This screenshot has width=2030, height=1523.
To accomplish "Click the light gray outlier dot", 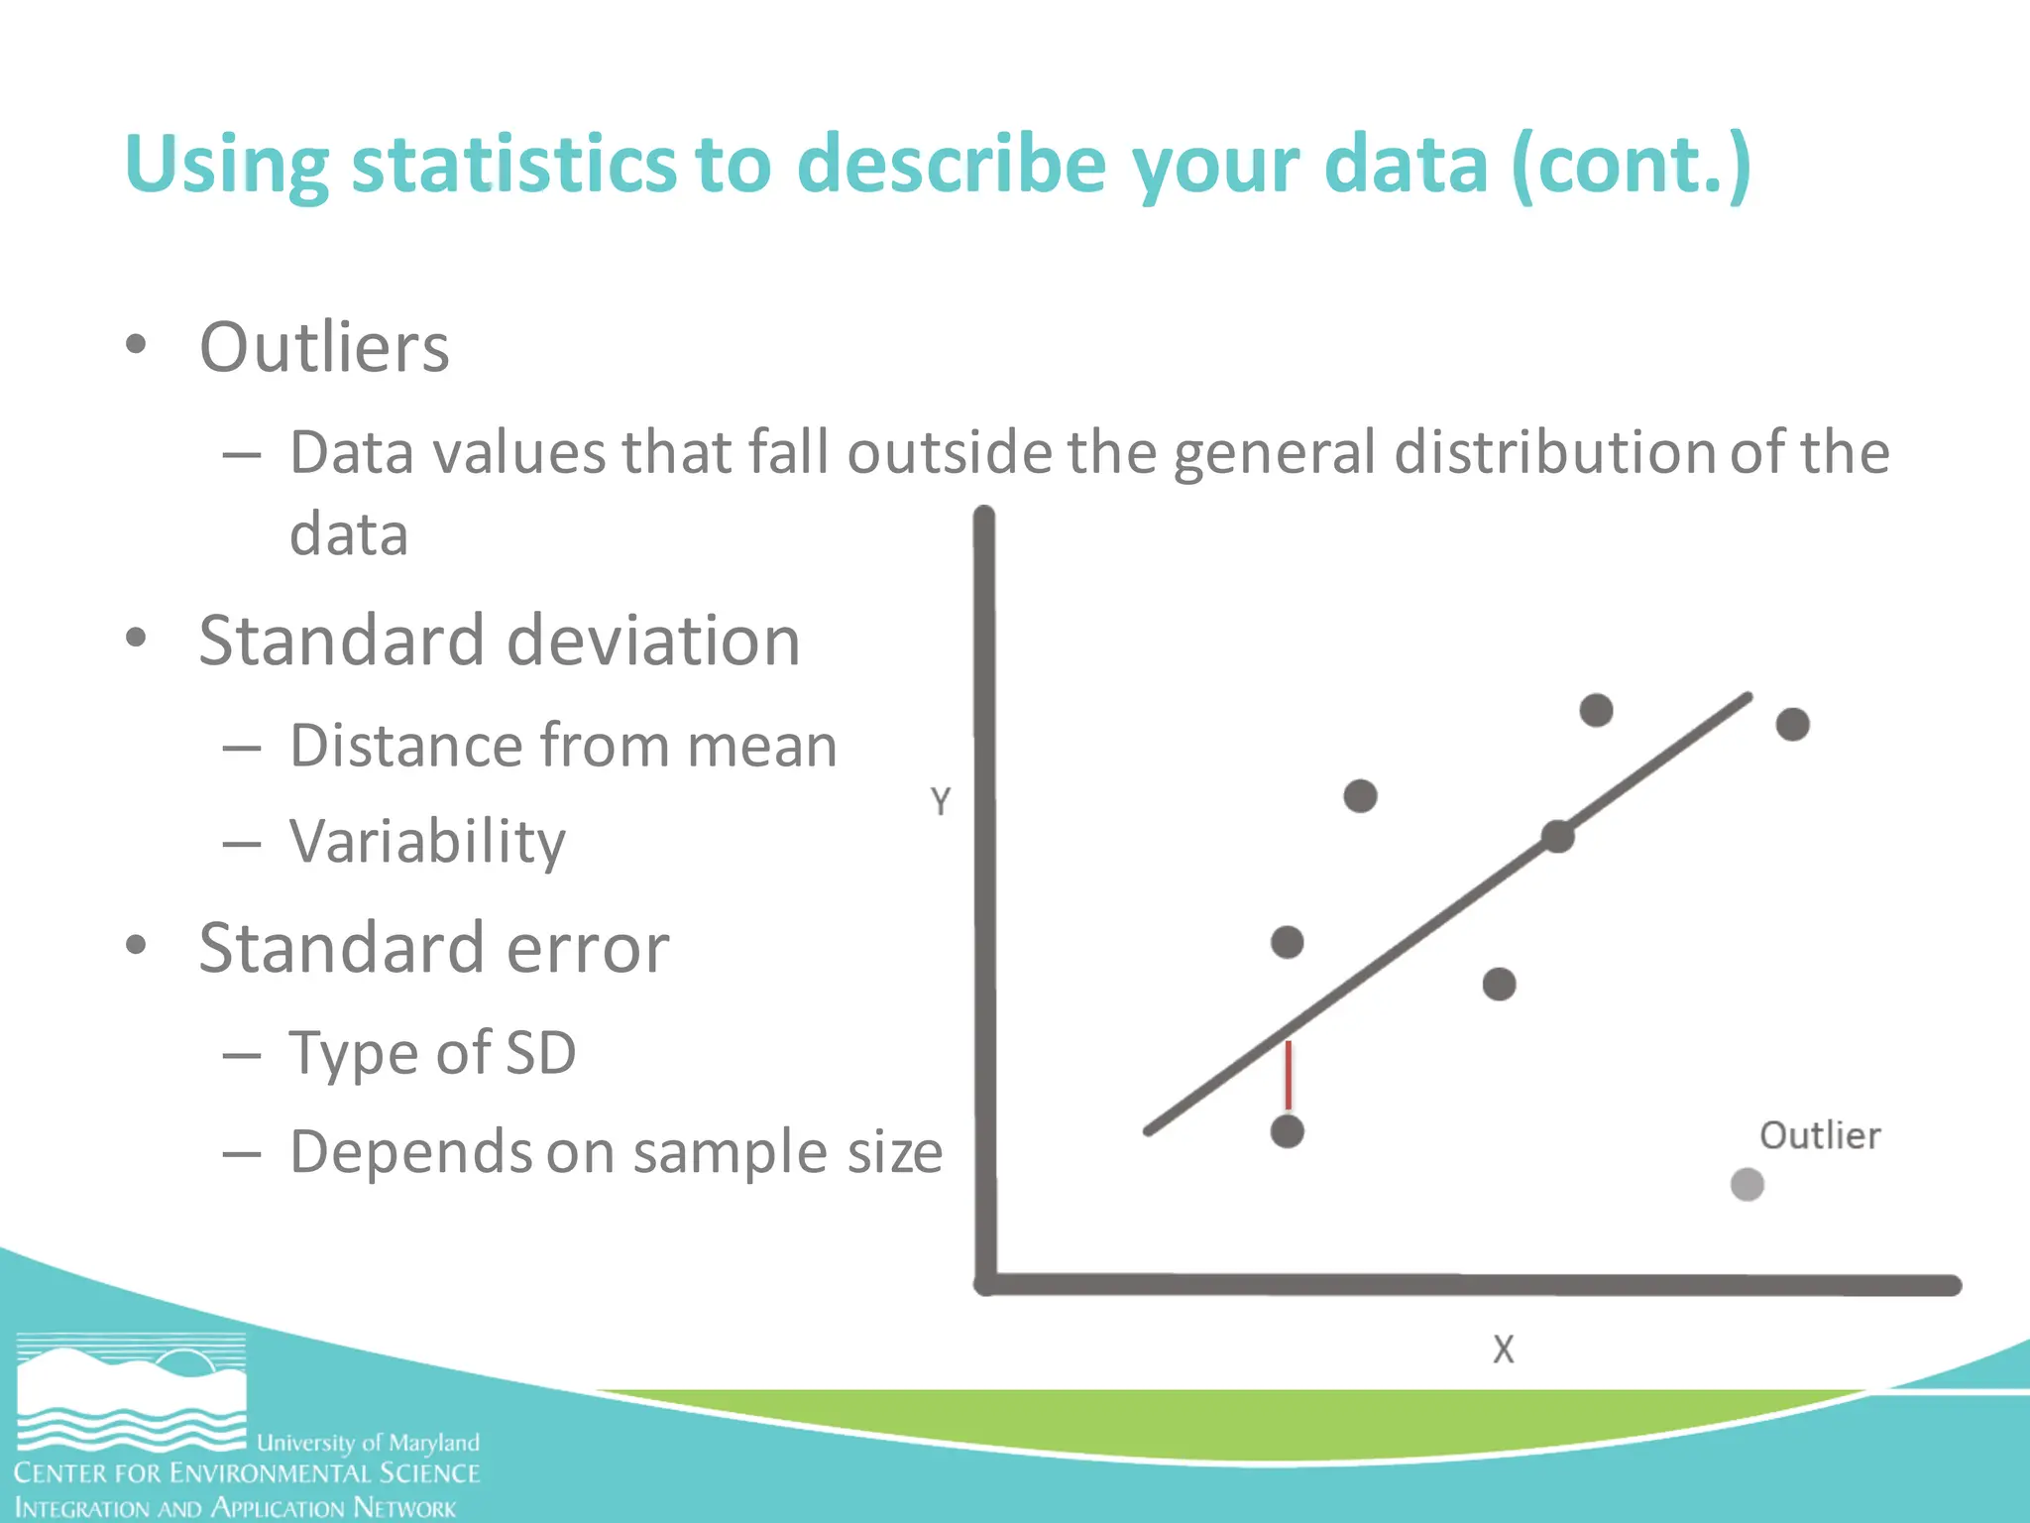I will coord(1747,1184).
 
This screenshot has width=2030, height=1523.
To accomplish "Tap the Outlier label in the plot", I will coord(1820,1135).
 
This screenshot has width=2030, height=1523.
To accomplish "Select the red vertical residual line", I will coord(1288,1075).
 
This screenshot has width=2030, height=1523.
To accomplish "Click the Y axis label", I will coord(941,801).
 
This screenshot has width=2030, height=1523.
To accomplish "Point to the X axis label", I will coord(1503,1349).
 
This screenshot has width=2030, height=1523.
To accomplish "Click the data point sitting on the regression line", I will coord(1558,837).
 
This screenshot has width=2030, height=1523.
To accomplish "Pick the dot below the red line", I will coord(1287,1131).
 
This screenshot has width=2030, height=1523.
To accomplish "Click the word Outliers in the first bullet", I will coord(324,348).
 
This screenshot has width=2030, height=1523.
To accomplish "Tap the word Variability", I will coord(427,842).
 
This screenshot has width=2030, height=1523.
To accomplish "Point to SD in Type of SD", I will coord(540,1052).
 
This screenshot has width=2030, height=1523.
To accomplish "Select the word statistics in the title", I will coord(512,164).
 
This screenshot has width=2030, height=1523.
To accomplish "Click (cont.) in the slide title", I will coord(1632,164).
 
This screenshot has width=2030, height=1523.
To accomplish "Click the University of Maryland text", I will coord(368,1442).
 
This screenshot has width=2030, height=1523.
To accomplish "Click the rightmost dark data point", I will coord(1792,725).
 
